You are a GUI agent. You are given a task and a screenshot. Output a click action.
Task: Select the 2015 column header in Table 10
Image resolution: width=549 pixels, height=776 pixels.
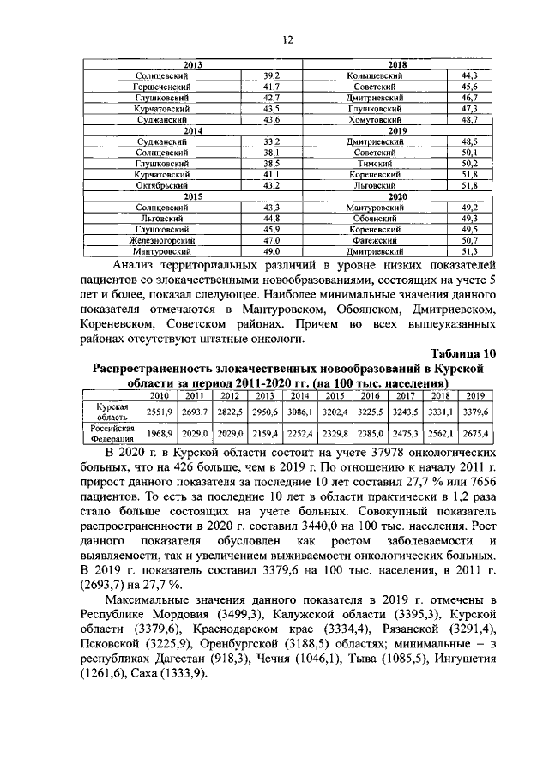point(335,395)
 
